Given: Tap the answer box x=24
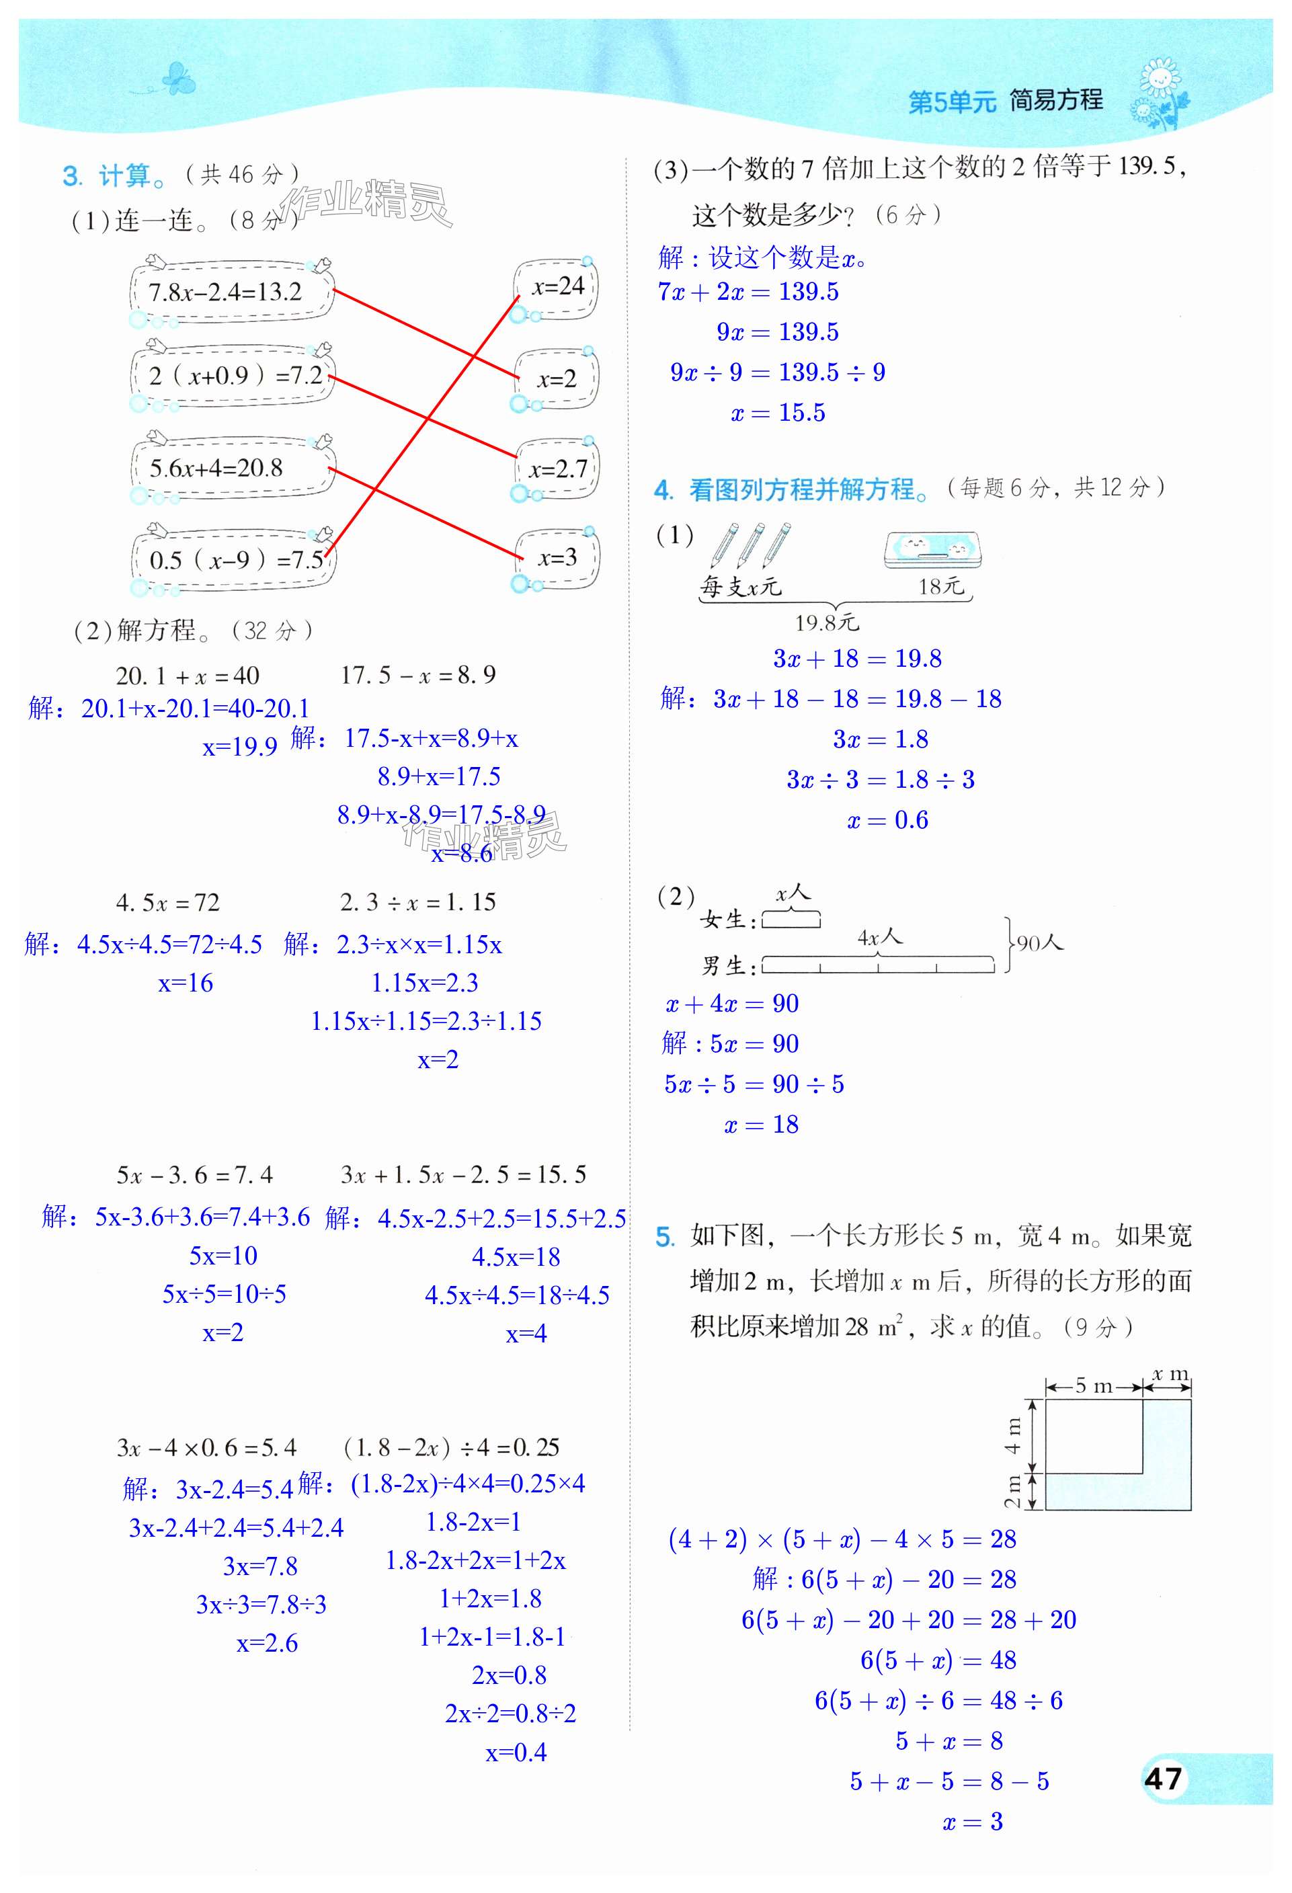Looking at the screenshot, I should [x=557, y=288].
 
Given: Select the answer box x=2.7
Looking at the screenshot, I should [x=558, y=469].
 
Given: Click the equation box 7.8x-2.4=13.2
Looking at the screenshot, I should [x=227, y=292].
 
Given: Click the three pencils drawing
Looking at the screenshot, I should [x=749, y=544].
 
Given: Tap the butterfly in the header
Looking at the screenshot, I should [x=177, y=80].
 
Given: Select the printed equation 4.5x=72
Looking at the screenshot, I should [x=168, y=903].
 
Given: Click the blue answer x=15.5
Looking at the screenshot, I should [x=778, y=413].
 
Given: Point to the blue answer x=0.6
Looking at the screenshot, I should [x=887, y=820].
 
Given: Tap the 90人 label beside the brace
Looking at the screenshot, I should [x=1039, y=943].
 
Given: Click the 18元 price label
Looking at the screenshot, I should [x=941, y=586].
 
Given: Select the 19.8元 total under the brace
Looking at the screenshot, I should [x=826, y=623].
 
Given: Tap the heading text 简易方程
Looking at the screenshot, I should [x=1056, y=100].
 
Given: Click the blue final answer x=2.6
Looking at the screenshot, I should [x=267, y=1643].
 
